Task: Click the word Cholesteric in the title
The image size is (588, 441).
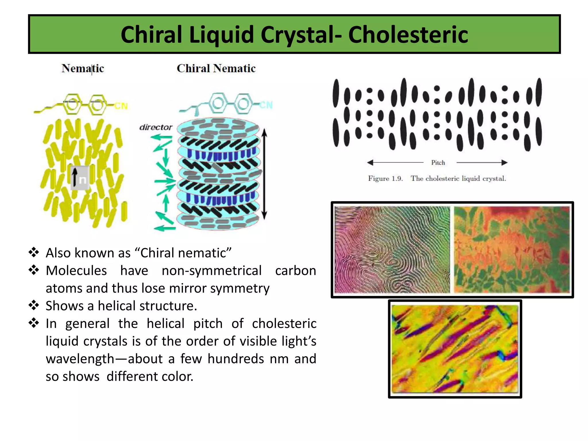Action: tap(408, 35)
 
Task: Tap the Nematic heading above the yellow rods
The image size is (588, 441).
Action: tap(83, 68)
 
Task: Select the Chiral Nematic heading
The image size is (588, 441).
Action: tap(216, 68)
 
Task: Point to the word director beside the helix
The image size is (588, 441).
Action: tap(156, 127)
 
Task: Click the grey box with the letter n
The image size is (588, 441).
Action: tap(80, 178)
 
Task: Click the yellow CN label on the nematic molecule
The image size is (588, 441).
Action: tap(121, 106)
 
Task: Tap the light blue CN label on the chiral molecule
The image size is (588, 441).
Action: tap(266, 105)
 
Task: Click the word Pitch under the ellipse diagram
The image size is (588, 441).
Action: tap(438, 163)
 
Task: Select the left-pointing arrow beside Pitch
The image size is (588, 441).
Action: tap(395, 163)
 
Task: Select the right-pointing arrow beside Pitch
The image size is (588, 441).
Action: tap(482, 163)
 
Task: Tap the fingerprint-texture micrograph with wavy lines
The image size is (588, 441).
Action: tap(392, 249)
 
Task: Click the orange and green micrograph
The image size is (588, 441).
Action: tap(512, 249)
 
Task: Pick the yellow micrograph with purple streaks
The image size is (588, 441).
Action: tap(455, 349)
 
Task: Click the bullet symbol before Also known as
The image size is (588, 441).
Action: tap(34, 252)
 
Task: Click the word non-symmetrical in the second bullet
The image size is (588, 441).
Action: tap(211, 271)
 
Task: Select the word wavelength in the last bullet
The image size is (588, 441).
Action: tap(80, 359)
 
